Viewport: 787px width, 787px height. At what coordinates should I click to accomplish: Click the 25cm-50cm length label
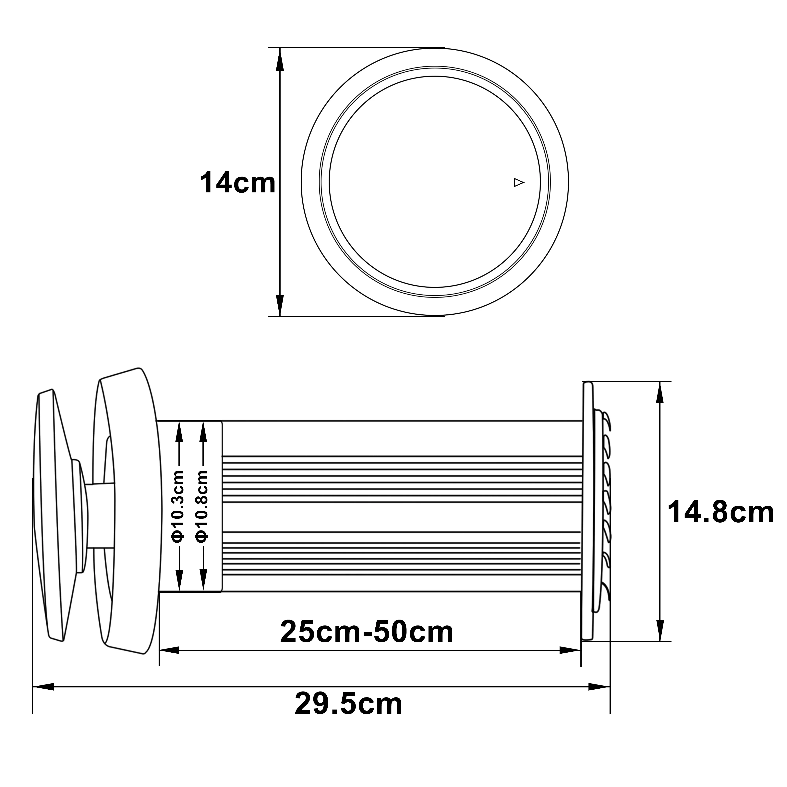[367, 632]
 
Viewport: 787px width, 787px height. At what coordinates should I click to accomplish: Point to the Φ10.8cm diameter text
[202, 506]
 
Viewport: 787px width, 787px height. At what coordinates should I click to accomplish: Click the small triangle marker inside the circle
[518, 183]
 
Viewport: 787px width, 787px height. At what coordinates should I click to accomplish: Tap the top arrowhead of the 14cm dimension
[280, 59]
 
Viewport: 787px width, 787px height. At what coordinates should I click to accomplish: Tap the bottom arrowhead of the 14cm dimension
[280, 305]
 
